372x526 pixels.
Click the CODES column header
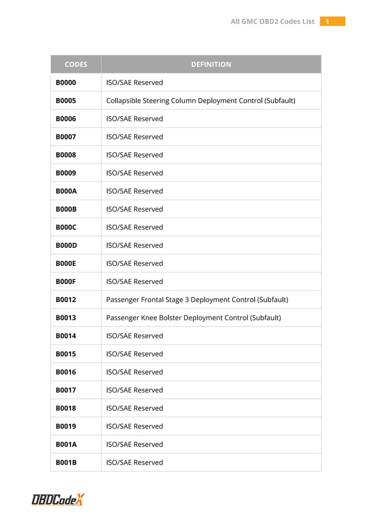pos(76,65)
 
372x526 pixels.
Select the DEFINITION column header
pos(211,65)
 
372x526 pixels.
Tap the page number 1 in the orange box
pos(328,22)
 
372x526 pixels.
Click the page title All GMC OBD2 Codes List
pos(272,22)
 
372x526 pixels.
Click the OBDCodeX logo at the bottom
pos(58,499)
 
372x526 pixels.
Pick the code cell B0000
pos(66,83)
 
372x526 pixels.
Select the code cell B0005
pos(66,101)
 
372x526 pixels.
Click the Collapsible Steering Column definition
pos(201,101)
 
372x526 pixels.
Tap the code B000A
pos(66,191)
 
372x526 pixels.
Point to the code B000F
pos(66,282)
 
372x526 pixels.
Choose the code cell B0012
pos(66,300)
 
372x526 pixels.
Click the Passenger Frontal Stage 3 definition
pos(197,300)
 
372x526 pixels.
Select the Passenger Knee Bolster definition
pos(194,318)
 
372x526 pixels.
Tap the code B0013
pos(66,318)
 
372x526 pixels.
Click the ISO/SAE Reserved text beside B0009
pos(135,173)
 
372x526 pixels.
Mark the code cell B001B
pos(66,462)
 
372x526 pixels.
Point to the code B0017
pos(66,390)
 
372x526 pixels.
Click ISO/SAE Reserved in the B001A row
pos(135,444)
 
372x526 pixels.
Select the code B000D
pos(66,246)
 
